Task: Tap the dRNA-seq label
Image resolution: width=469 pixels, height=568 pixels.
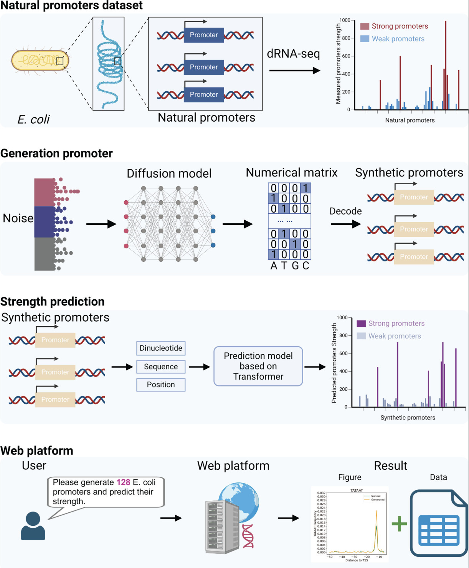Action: click(293, 54)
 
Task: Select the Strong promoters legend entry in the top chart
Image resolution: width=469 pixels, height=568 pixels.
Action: click(394, 26)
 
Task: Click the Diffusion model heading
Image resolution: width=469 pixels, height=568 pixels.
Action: click(169, 173)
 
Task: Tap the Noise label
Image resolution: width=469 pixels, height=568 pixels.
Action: click(18, 218)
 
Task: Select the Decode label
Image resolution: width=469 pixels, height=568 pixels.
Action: click(345, 211)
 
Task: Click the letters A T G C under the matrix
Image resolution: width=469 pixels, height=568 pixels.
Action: click(290, 266)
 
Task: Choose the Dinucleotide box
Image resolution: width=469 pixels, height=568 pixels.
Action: click(161, 348)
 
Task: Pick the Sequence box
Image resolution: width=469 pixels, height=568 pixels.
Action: click(161, 367)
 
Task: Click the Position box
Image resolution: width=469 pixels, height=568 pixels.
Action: click(161, 385)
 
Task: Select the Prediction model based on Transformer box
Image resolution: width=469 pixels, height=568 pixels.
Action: click(258, 366)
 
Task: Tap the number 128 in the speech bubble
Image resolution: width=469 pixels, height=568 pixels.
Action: click(123, 482)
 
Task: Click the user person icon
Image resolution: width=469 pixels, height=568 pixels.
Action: click(33, 526)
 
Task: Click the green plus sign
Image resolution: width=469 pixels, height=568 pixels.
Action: click(399, 523)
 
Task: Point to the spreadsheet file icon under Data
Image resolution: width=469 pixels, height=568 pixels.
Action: click(439, 523)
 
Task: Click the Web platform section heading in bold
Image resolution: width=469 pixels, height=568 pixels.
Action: click(37, 451)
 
